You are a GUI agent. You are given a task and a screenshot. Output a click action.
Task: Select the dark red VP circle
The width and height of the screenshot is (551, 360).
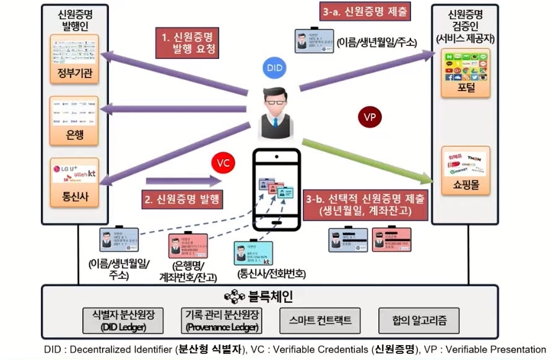(x=370, y=117)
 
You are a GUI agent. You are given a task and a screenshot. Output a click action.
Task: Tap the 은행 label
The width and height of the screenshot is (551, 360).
(x=74, y=134)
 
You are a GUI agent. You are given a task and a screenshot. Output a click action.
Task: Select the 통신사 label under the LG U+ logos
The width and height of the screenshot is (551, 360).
(x=74, y=200)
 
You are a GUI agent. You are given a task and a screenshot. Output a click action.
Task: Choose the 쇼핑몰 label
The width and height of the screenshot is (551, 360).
(x=466, y=184)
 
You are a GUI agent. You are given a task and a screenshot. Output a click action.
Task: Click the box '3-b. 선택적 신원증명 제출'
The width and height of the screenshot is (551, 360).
(x=365, y=205)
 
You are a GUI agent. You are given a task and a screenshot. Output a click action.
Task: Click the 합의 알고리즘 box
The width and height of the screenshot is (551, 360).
(x=419, y=320)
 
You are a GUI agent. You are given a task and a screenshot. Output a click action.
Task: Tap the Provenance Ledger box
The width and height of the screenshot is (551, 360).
(x=220, y=320)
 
